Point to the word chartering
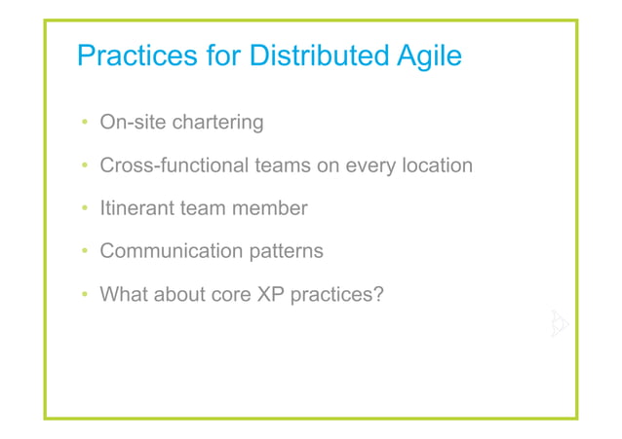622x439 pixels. [x=217, y=123]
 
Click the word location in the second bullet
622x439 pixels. [x=434, y=165]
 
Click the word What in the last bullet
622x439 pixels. [x=124, y=294]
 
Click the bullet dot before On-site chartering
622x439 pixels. [x=85, y=124]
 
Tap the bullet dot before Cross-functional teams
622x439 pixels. [x=85, y=166]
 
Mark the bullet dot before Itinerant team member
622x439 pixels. [x=85, y=209]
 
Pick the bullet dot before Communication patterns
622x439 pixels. [x=85, y=252]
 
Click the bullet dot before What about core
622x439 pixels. [x=85, y=295]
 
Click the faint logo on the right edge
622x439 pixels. [x=559, y=324]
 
